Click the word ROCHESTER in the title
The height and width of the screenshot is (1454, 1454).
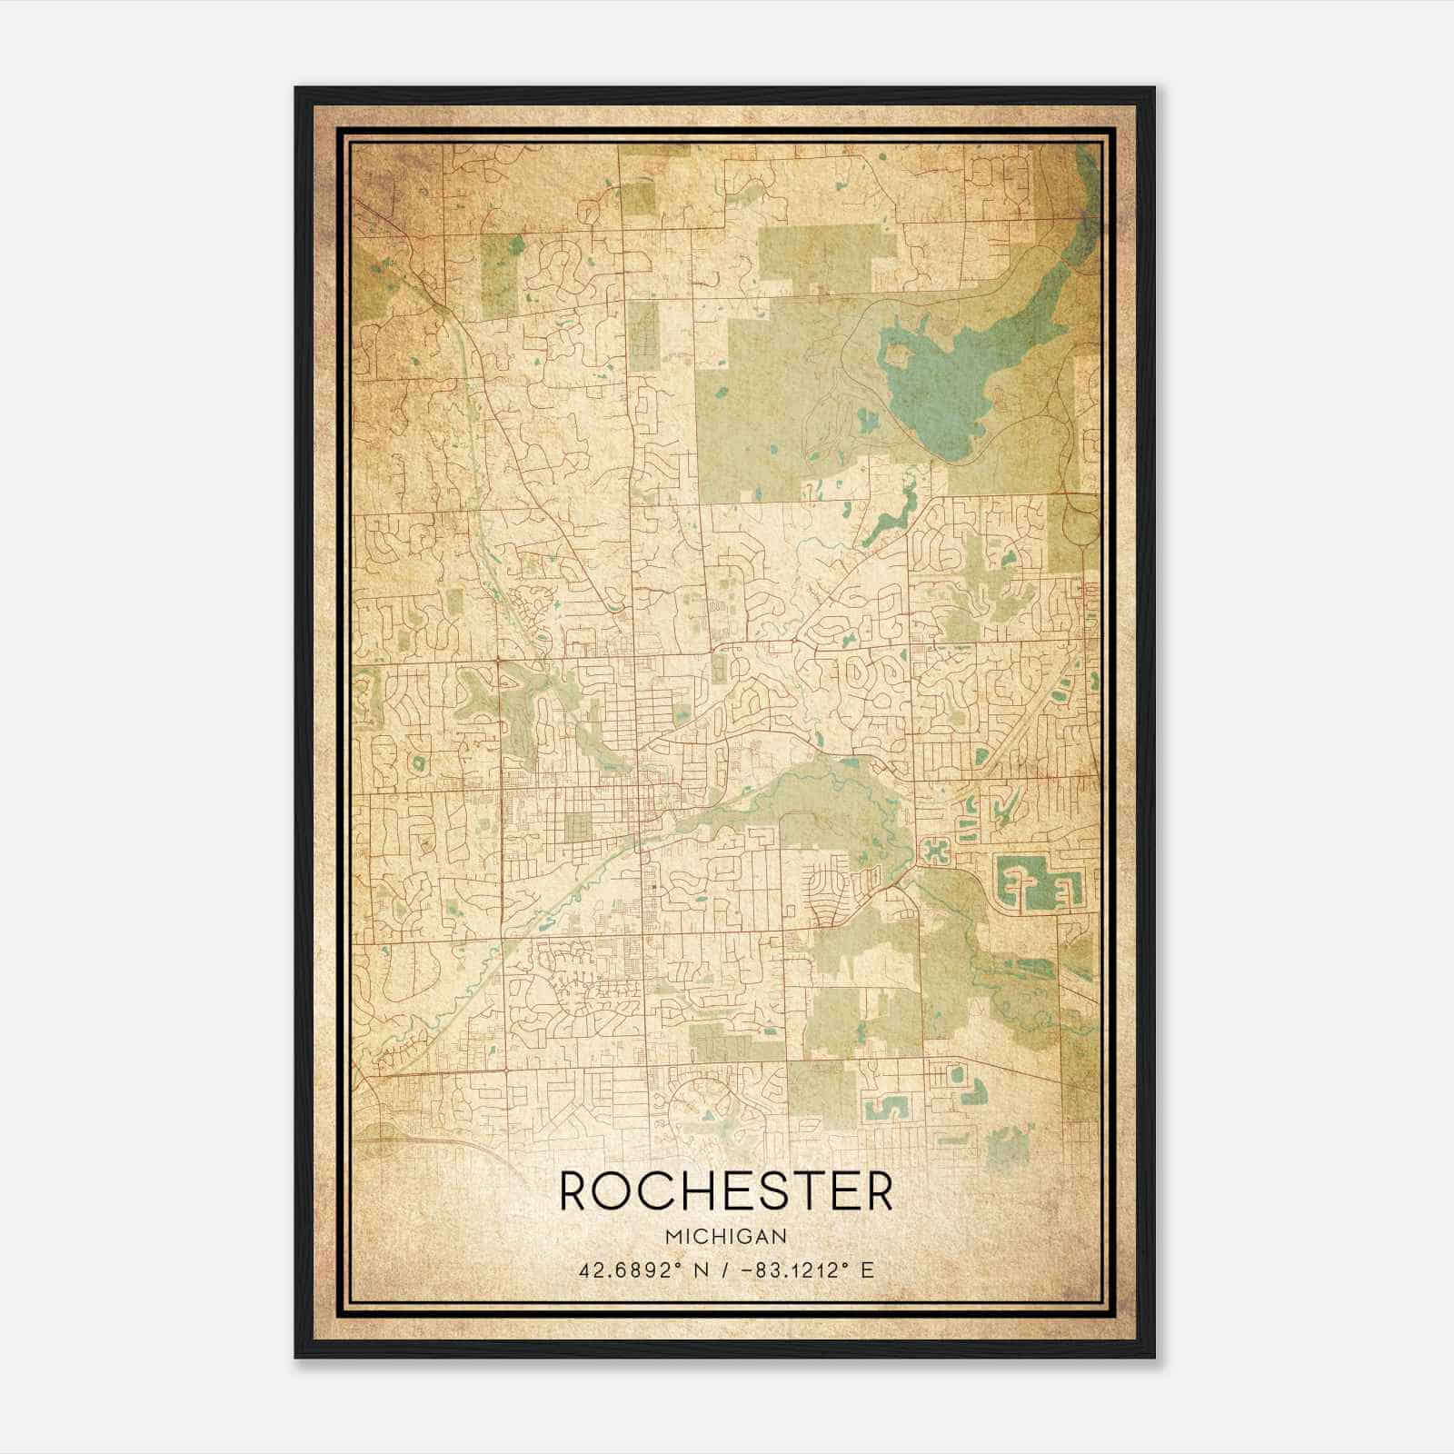tap(726, 1191)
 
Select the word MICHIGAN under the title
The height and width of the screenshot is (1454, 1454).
tap(726, 1236)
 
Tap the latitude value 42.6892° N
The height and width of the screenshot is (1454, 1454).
tap(642, 1270)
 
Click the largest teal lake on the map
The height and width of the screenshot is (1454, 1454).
tap(945, 382)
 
